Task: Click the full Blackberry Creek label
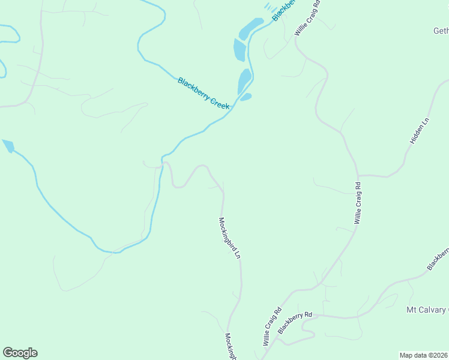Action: [204, 93]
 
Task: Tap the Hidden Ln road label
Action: [420, 130]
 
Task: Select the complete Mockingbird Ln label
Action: [229, 238]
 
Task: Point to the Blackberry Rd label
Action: [295, 320]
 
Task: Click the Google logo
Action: [20, 353]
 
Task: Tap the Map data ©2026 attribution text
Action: [424, 355]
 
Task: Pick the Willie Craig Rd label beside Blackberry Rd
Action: [272, 326]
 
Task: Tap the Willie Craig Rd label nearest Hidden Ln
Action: [358, 203]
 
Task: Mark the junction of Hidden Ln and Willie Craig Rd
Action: [359, 176]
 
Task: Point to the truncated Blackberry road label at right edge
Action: [438, 258]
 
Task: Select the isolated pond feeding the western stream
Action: [8, 146]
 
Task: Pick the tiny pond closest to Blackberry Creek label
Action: [246, 97]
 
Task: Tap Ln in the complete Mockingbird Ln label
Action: [238, 254]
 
